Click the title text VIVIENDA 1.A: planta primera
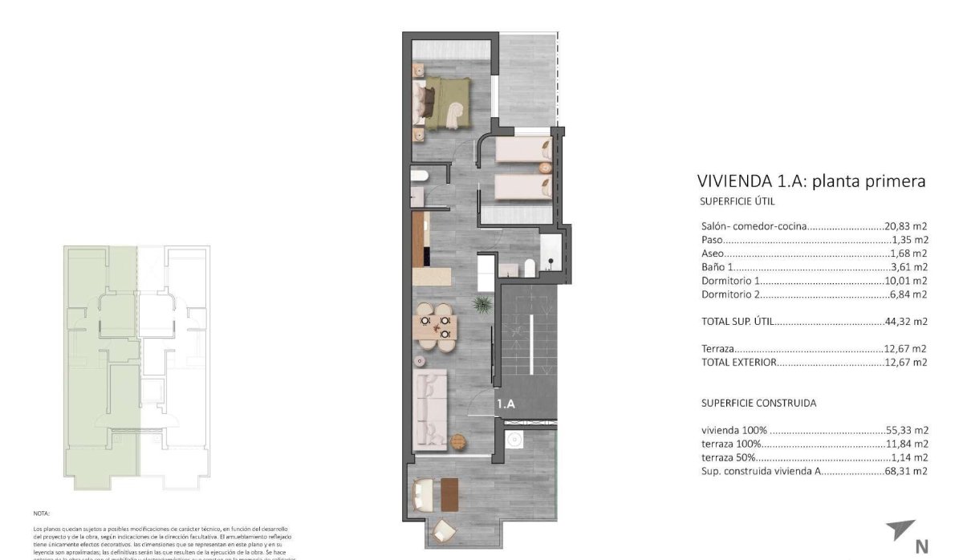811,181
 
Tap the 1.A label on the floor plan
506,404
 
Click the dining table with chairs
434,327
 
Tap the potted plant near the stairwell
482,305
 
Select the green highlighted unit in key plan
100,361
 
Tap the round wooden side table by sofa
458,441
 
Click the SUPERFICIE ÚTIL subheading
737,202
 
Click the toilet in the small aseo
419,175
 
